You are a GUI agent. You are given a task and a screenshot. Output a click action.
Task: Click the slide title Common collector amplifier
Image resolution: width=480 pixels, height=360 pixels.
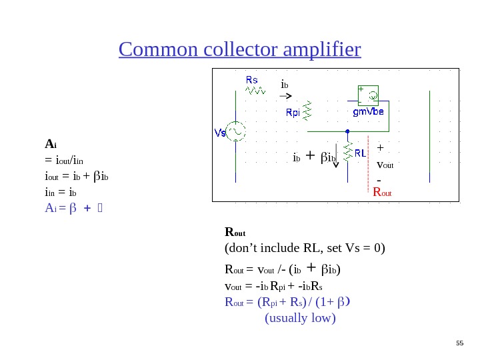point(239,49)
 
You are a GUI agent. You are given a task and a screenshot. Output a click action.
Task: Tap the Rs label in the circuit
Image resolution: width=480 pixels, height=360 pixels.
point(252,80)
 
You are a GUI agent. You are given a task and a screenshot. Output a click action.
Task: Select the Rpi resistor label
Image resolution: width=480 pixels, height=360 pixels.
point(293,113)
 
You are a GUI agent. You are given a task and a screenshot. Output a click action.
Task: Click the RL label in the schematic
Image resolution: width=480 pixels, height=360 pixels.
point(360,153)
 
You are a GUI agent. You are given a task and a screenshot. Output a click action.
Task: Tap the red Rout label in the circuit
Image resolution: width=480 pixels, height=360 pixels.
point(382,193)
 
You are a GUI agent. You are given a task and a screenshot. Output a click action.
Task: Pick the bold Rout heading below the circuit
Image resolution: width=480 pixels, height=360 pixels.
point(236,233)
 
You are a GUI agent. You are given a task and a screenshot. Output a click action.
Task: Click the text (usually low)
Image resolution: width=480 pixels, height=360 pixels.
point(300,318)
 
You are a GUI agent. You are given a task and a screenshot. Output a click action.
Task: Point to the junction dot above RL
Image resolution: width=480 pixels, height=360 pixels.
point(348,131)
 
